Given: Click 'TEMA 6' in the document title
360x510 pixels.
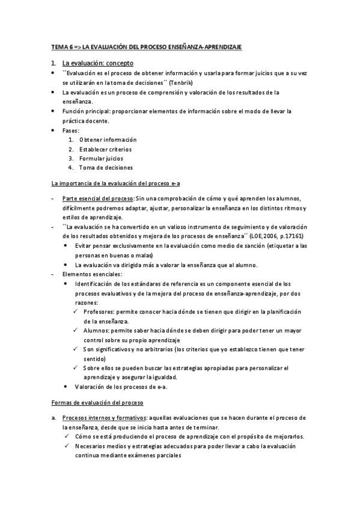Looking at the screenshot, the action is tap(60, 46).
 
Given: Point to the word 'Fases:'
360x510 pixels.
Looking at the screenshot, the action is tap(71, 130).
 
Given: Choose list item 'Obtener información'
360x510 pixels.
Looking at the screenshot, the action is tap(108, 140).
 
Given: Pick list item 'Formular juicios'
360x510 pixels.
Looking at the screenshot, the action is tap(101, 158).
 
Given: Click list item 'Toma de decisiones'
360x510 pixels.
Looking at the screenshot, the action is tap(106, 168).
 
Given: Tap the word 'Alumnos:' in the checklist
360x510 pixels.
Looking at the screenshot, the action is tap(97, 331).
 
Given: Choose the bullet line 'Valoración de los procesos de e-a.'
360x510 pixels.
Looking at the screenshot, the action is tap(121, 387).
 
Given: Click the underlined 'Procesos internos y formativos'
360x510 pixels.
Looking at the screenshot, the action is tap(104, 417).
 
